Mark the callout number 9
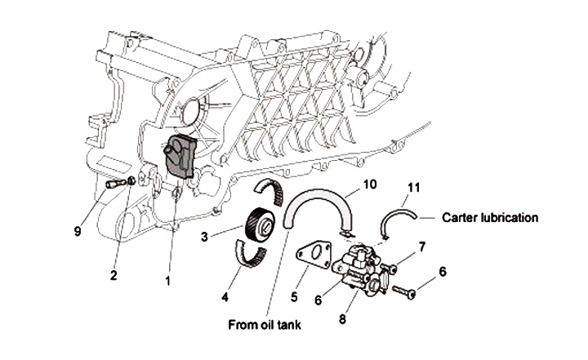tap(78, 231)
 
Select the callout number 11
tap(414, 188)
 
